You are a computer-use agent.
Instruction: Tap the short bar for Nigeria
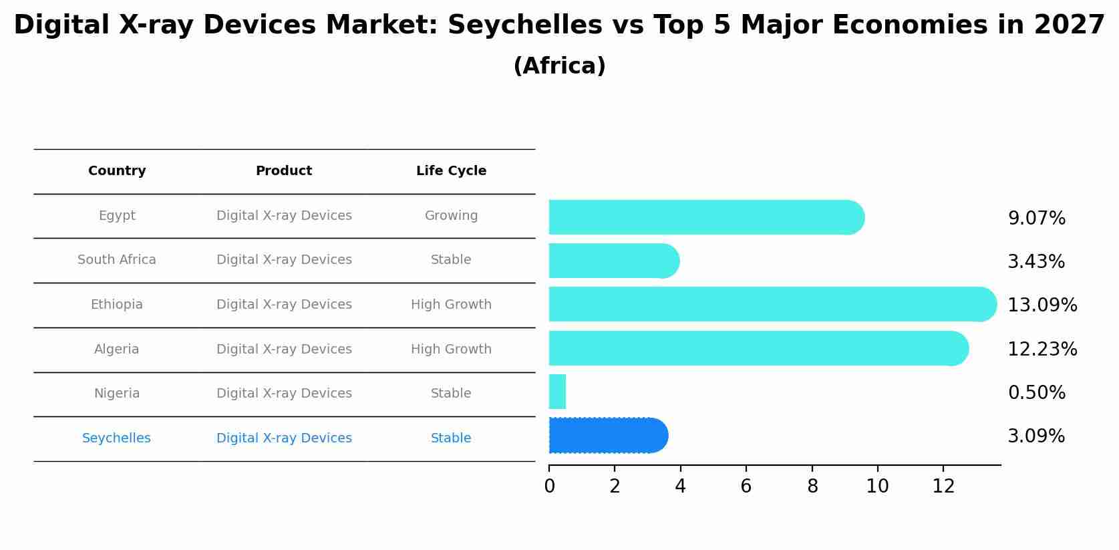[557, 392]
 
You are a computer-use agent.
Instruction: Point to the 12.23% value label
[1042, 349]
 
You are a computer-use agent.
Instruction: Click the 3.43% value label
[1035, 261]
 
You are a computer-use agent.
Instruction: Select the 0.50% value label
[1036, 392]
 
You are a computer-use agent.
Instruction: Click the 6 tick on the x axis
[746, 487]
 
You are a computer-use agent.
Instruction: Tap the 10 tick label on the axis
[877, 487]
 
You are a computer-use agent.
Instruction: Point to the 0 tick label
[549, 487]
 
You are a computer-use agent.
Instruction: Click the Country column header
[117, 171]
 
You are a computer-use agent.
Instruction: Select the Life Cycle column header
[451, 171]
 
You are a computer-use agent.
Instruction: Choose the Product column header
[284, 171]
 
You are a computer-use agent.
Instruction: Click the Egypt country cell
[117, 216]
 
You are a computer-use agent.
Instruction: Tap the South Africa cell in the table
[117, 260]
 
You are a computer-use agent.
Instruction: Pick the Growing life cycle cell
[451, 216]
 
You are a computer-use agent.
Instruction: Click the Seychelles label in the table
[116, 438]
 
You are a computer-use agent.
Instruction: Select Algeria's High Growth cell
[451, 350]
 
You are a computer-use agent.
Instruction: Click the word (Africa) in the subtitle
[559, 66]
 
